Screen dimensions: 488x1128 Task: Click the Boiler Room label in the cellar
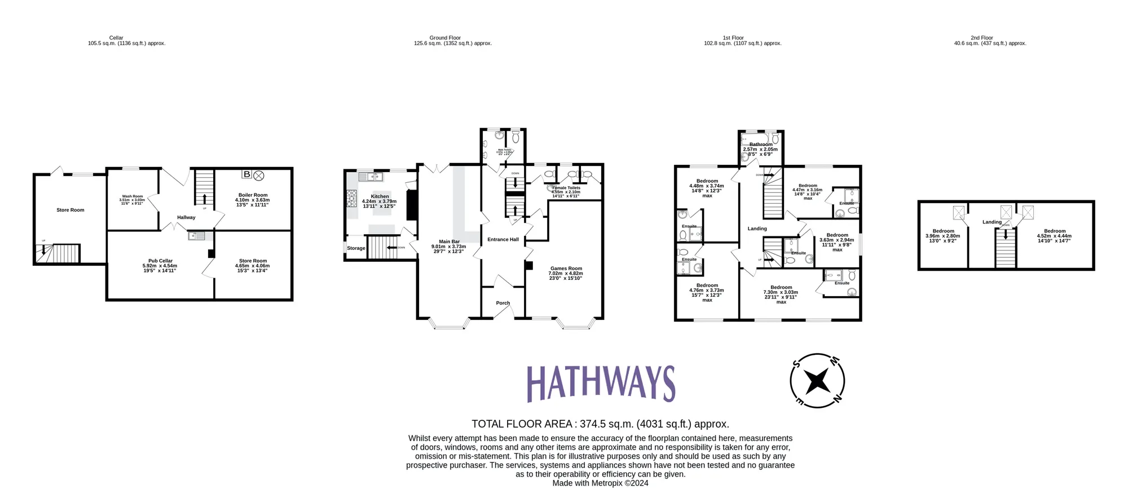point(253,195)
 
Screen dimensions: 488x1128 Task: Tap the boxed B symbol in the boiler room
point(246,174)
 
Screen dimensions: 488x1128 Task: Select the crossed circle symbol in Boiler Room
point(259,175)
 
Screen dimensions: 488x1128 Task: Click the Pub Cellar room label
point(160,261)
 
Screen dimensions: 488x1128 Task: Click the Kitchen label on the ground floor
point(380,197)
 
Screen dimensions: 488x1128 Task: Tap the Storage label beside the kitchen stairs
point(356,248)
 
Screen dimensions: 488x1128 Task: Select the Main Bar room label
point(449,242)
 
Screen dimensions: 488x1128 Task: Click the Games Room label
point(566,269)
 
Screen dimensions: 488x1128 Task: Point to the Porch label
point(503,304)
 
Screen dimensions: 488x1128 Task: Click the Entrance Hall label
point(503,240)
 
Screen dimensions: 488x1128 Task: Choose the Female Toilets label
point(566,188)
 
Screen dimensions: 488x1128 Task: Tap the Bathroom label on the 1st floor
point(760,145)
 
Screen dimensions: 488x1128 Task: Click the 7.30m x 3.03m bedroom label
point(781,288)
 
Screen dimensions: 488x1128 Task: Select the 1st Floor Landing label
point(757,229)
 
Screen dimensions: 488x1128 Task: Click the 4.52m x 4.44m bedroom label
point(1054,231)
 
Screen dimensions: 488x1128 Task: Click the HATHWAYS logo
point(601,384)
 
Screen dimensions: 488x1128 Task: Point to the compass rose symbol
point(817,381)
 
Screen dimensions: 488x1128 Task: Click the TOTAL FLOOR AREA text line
point(600,424)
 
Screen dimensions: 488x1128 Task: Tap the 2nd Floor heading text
point(981,38)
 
